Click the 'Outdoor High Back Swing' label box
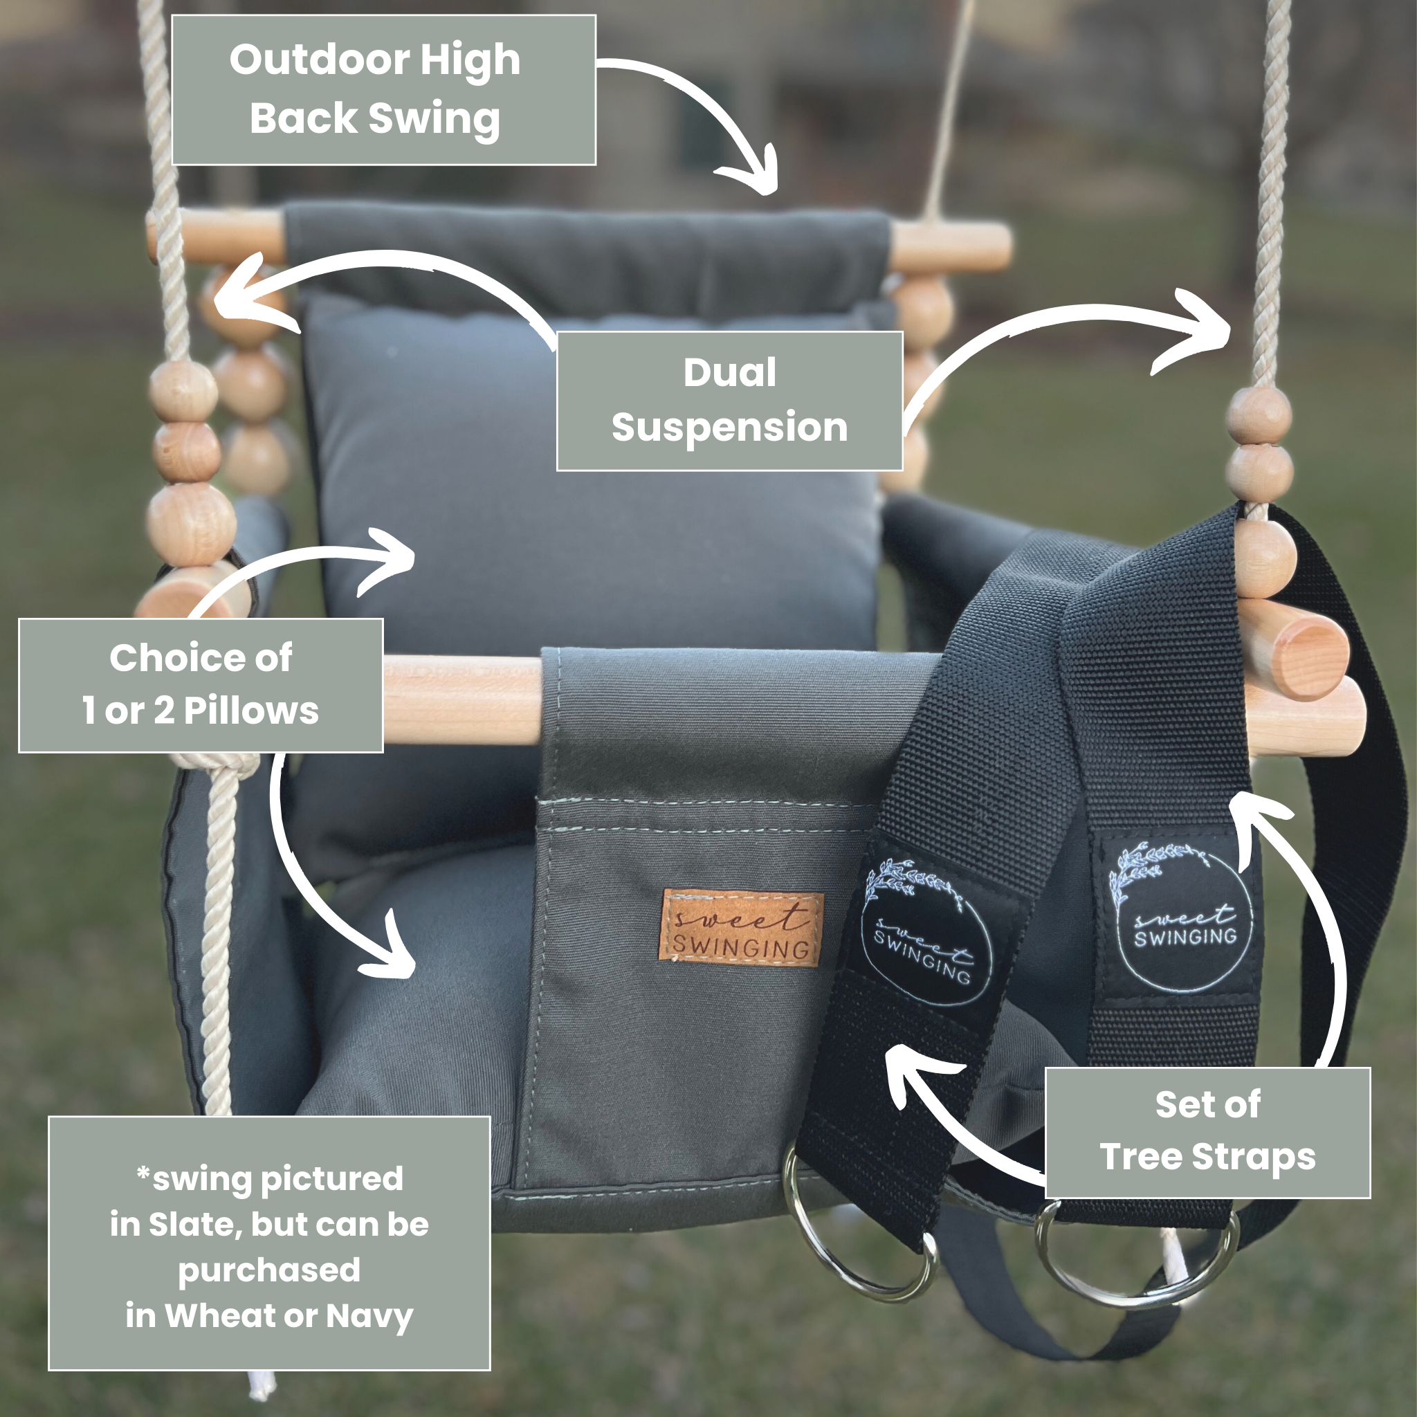[x=383, y=89]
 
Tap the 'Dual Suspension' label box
[x=729, y=401]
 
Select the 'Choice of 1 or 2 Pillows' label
[x=200, y=684]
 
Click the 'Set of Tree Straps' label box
[x=1207, y=1133]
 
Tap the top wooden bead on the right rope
[x=1259, y=415]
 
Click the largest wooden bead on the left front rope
[x=190, y=522]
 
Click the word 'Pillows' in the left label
[x=251, y=710]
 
